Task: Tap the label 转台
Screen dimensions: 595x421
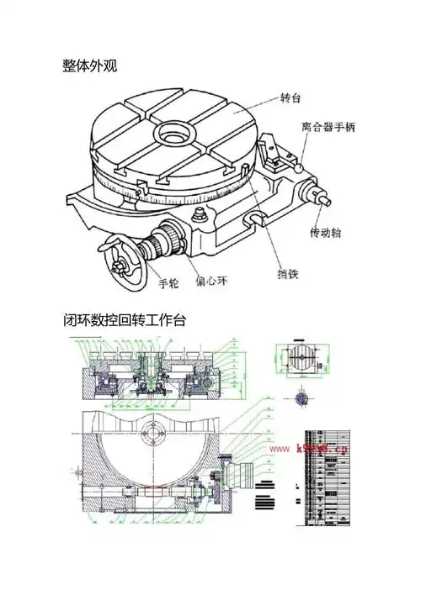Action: pyautogui.click(x=290, y=98)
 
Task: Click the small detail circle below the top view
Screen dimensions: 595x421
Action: pyautogui.click(x=301, y=396)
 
